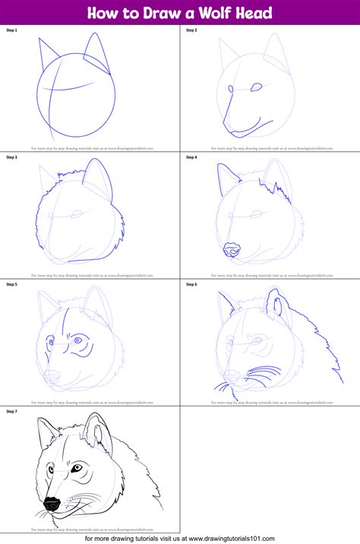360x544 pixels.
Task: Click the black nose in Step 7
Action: tap(51, 504)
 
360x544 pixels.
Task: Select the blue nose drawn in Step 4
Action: tap(231, 251)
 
